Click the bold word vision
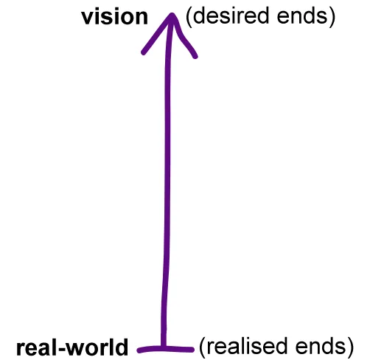(x=115, y=17)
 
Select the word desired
(x=231, y=15)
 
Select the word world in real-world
(x=97, y=347)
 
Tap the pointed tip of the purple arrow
(x=172, y=14)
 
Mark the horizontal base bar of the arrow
(x=166, y=349)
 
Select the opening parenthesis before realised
(x=202, y=347)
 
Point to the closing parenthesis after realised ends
(x=350, y=347)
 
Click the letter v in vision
(x=88, y=18)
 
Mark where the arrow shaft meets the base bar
(x=164, y=347)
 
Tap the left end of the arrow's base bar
(x=139, y=350)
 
